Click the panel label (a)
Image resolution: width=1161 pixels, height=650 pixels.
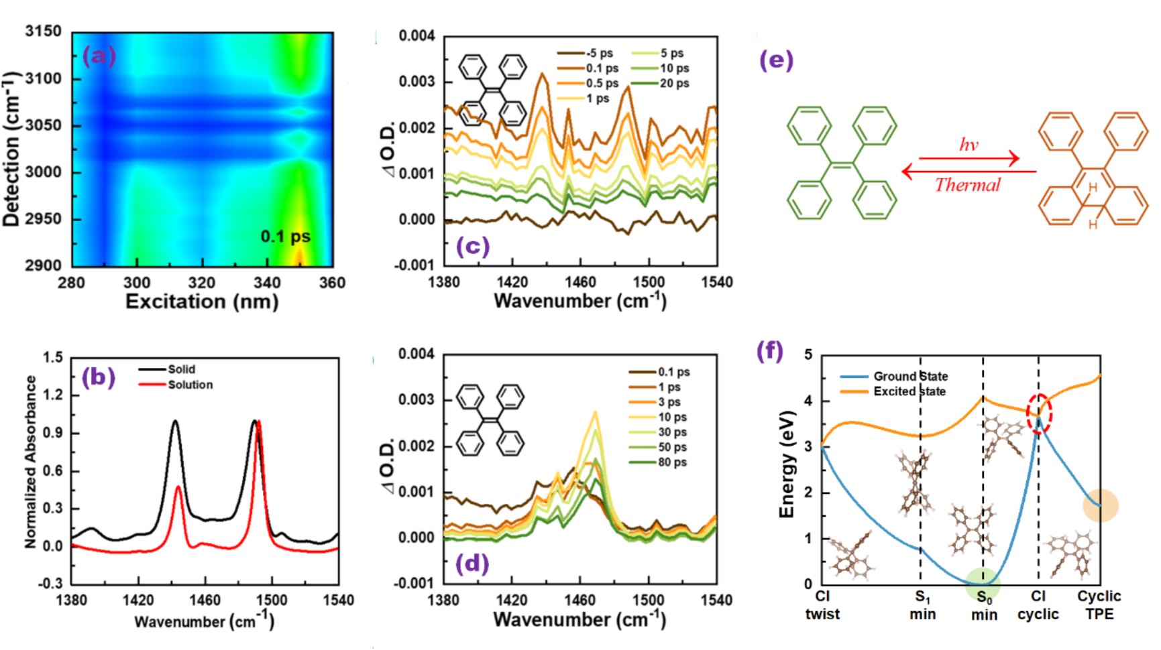[99, 56]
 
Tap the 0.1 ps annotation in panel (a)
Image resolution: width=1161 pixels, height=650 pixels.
[285, 237]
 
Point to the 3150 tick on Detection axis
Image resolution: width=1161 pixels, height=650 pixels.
[44, 31]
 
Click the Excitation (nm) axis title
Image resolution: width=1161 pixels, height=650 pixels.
[202, 302]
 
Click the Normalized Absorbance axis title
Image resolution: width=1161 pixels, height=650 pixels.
[30, 462]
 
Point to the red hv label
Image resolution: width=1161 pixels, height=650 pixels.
[969, 145]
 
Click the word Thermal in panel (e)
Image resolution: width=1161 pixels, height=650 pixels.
[967, 185]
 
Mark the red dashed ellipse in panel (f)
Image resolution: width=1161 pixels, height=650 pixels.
[1039, 413]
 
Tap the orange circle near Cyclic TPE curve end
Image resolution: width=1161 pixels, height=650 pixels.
[1100, 505]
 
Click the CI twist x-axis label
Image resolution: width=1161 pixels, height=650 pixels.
[822, 605]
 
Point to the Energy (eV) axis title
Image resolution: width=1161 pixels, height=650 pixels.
[787, 464]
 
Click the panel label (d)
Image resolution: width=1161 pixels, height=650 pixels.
[472, 564]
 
